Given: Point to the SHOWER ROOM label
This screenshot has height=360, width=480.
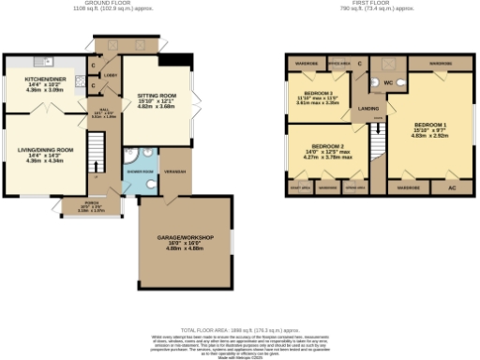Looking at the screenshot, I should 141,172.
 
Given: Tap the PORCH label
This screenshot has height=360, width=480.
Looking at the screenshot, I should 91,202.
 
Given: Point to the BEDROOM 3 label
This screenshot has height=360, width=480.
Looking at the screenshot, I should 321,94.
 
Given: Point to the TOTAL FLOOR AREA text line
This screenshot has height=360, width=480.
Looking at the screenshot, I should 240,330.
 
